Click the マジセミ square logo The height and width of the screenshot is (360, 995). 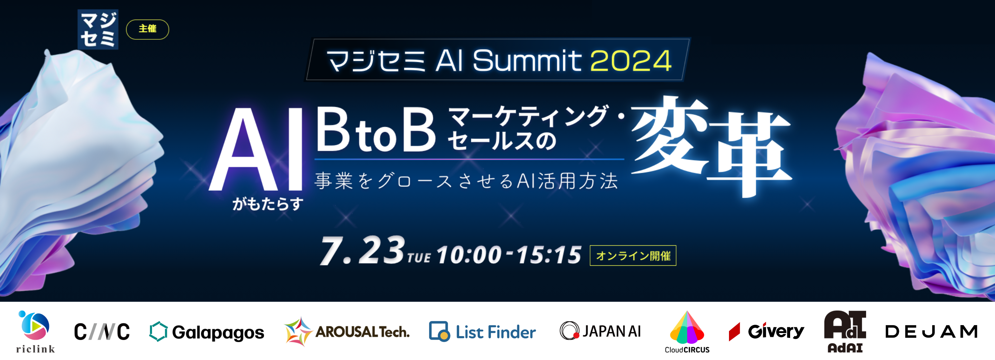pos(98,29)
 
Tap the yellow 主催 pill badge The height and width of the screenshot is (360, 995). pos(148,29)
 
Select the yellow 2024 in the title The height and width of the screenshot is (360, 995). pos(631,61)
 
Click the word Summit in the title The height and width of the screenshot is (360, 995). pos(527,61)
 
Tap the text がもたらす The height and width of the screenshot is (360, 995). pos(268,203)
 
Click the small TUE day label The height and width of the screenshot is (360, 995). pos(419,258)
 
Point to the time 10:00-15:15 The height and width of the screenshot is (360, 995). pos(509,255)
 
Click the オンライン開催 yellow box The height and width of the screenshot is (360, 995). pos(633,255)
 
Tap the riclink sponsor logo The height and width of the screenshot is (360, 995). pos(35,331)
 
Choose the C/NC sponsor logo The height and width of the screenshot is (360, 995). pos(102,332)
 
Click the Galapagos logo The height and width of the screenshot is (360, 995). pos(207,332)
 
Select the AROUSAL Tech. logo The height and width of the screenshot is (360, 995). pos(347,331)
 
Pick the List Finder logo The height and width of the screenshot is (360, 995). pos(482,332)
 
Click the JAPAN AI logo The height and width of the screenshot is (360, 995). pos(600,331)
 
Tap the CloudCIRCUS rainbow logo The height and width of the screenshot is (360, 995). pos(687,331)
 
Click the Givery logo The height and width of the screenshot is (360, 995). pos(766,331)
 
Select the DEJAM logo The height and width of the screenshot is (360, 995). pos(931,331)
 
